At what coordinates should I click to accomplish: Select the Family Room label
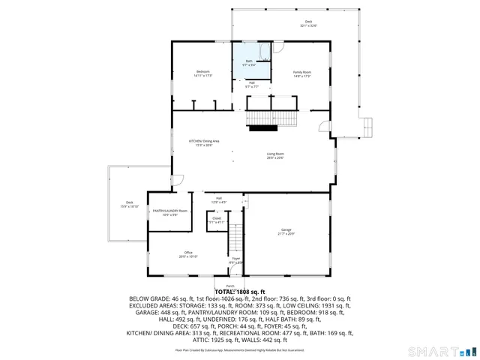[x=302, y=72]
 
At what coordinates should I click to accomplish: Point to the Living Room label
[x=275, y=154]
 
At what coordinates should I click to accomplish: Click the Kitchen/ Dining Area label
[x=203, y=141]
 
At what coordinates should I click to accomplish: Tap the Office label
[x=188, y=253]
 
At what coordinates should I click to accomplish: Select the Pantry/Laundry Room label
[x=169, y=211]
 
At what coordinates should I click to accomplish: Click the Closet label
[x=216, y=218]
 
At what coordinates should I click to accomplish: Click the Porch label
[x=230, y=286]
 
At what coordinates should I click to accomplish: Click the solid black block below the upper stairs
[x=263, y=128]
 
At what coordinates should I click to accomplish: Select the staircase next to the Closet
[x=235, y=237]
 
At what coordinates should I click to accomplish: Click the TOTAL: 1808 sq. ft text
[x=239, y=291]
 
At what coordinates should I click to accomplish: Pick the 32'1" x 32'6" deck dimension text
[x=308, y=25]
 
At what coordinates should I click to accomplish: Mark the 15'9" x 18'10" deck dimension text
[x=129, y=205]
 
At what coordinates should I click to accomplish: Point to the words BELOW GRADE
[x=150, y=298]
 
